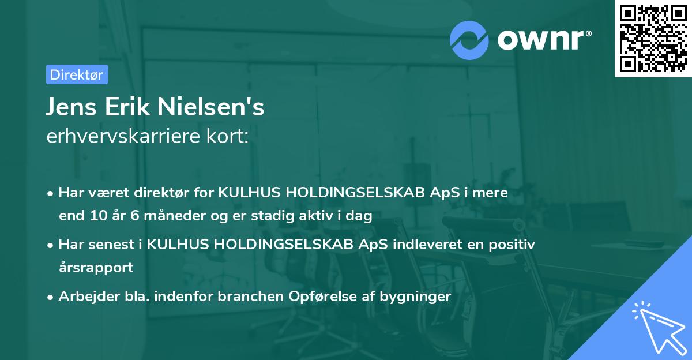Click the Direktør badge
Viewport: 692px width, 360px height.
point(77,74)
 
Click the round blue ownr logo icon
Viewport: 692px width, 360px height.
point(469,40)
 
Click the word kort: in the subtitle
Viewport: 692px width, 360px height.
point(229,137)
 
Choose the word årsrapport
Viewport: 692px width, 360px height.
point(96,268)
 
